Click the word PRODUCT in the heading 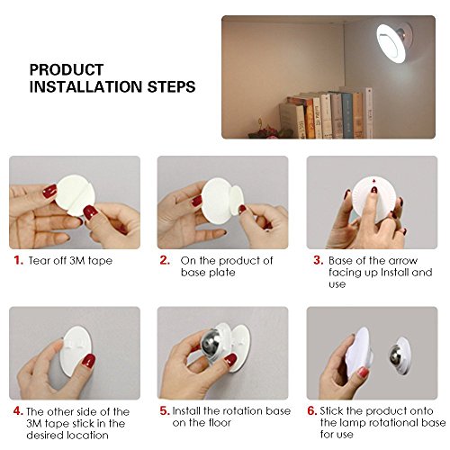coord(67,69)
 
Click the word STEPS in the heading coord(171,86)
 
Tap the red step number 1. coord(19,260)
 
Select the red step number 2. coord(165,260)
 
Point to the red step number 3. coord(319,260)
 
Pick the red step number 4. coord(18,411)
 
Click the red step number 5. coord(165,410)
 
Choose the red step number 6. coord(312,410)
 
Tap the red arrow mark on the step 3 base coord(373,181)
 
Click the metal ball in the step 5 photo coord(210,345)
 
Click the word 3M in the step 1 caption coord(77,260)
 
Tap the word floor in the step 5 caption coord(217,423)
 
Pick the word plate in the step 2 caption coord(222,273)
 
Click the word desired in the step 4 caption coord(45,435)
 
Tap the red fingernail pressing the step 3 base coord(374,190)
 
